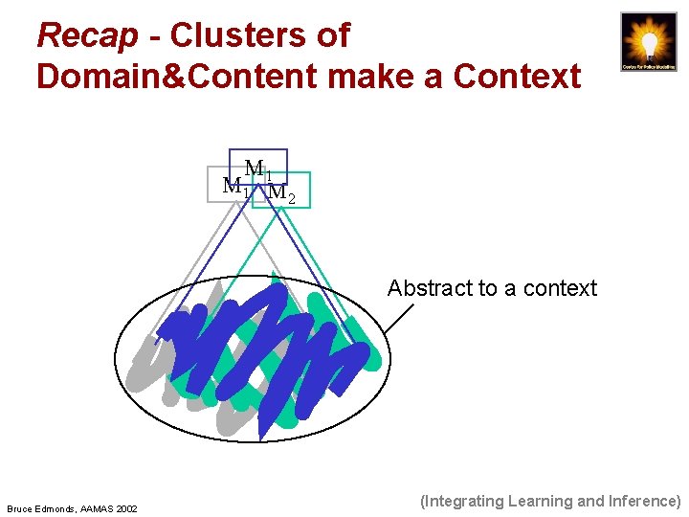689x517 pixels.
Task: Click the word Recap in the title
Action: coord(87,36)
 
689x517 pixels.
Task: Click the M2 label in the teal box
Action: coord(281,193)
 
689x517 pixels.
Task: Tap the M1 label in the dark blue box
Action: coord(258,170)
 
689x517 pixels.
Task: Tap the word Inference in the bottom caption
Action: coord(641,501)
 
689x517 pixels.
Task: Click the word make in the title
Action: coord(379,75)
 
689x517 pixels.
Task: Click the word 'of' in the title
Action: coord(332,36)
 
